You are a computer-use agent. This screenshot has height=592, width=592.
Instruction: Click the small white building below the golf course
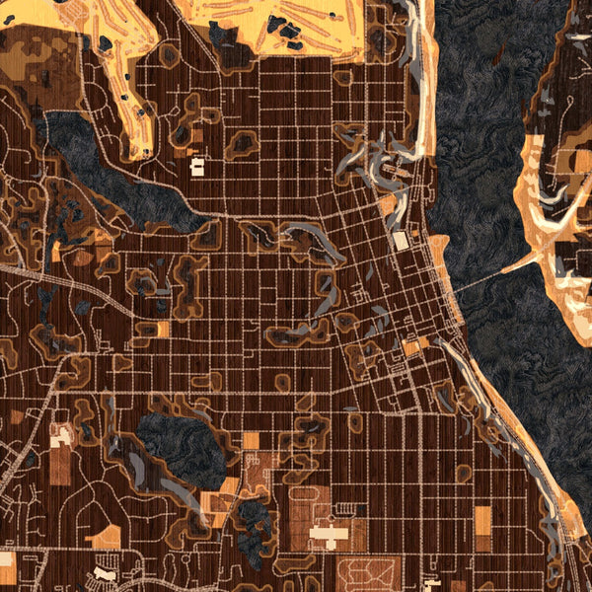click(x=195, y=165)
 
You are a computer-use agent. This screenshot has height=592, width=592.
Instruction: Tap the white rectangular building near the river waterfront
click(x=401, y=241)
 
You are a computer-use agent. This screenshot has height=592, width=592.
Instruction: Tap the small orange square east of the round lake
click(x=251, y=440)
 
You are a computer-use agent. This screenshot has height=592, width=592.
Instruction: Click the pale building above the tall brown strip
click(x=61, y=435)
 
